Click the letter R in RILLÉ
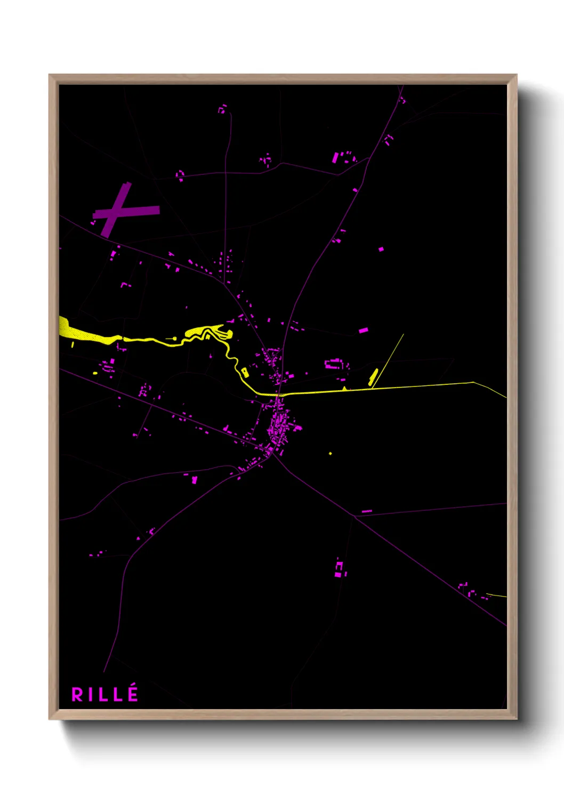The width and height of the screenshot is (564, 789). pos(77,695)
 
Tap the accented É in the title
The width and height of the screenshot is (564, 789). pos(133,693)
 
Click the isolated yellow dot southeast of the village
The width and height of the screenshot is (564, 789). pos(331,453)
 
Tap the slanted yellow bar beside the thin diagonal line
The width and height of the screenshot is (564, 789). pos(373,376)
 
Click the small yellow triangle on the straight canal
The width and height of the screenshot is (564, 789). pos(345,388)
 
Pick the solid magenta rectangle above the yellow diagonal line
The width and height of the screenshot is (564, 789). pos(363,331)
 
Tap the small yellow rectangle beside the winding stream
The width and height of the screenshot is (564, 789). pos(245,372)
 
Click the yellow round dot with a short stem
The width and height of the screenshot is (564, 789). pos(174,338)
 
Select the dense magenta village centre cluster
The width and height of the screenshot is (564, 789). pos(279,426)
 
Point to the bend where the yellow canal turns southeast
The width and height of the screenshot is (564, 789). pos(473,382)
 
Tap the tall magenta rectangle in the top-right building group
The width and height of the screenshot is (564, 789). pos(335,157)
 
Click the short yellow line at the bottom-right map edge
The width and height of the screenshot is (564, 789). pos(496,595)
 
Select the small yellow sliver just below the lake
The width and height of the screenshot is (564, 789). pos(72,345)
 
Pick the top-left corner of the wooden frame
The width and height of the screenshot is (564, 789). pos(50,75)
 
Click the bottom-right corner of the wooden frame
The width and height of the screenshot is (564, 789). pos(516,718)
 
